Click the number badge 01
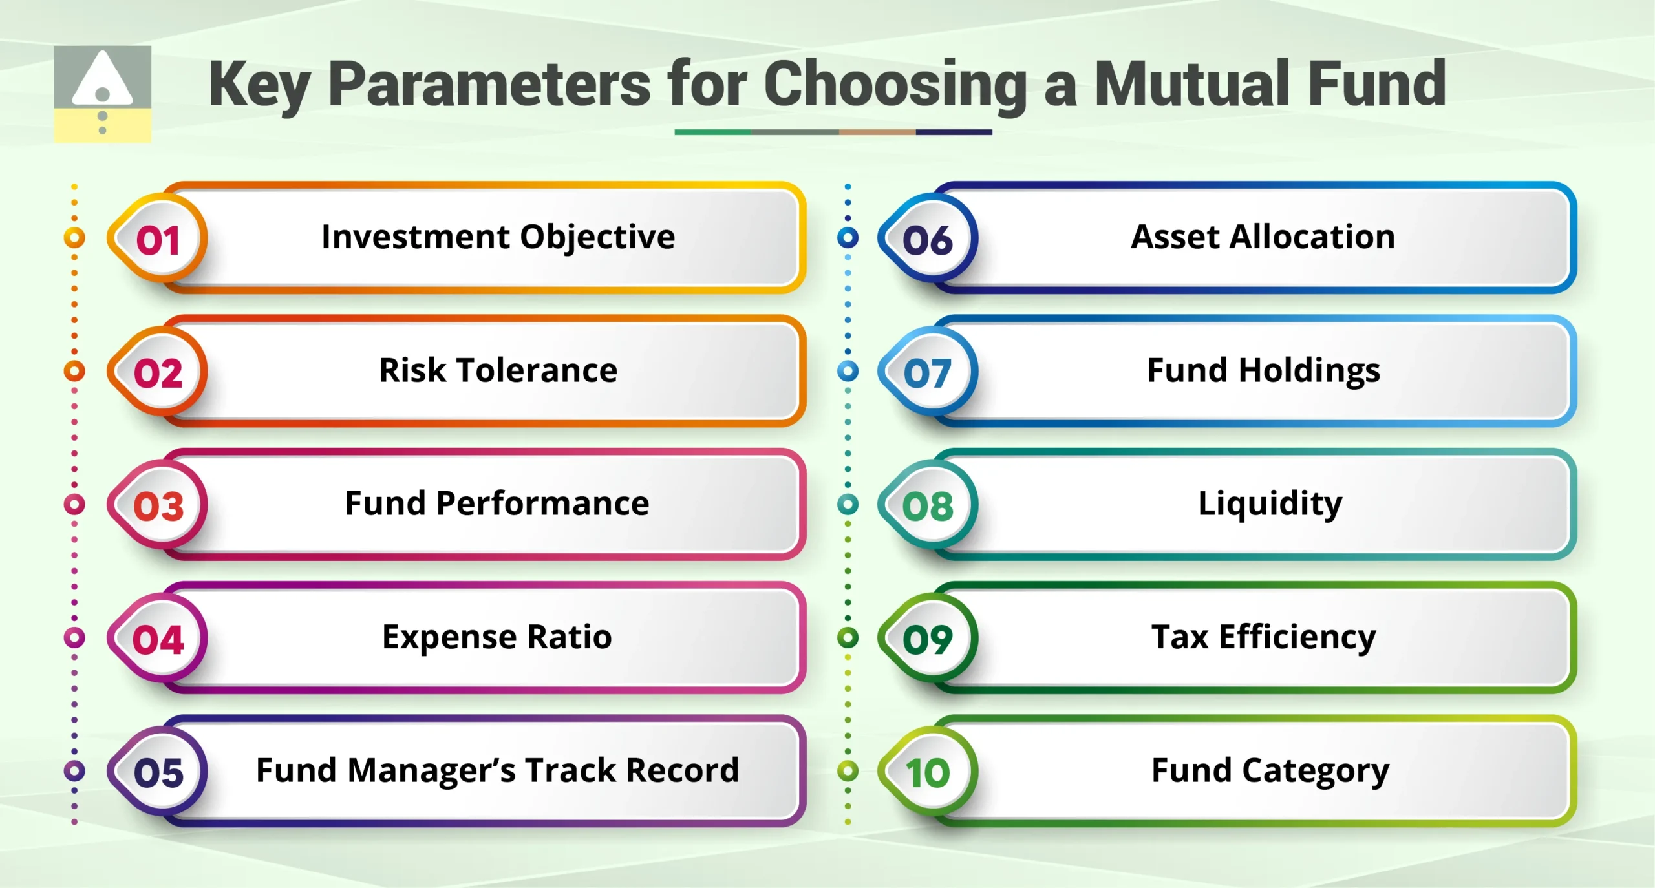coord(158,240)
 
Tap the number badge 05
coord(158,772)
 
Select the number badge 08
coord(928,505)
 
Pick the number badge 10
coord(928,772)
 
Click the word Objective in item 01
coord(597,237)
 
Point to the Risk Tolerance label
coord(498,370)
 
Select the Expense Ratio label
coord(496,637)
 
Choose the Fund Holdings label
coord(1263,370)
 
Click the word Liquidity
coord(1270,503)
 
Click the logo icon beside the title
coord(102,94)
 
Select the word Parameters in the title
coord(489,83)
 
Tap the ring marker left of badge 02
coord(74,371)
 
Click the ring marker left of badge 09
coord(848,638)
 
